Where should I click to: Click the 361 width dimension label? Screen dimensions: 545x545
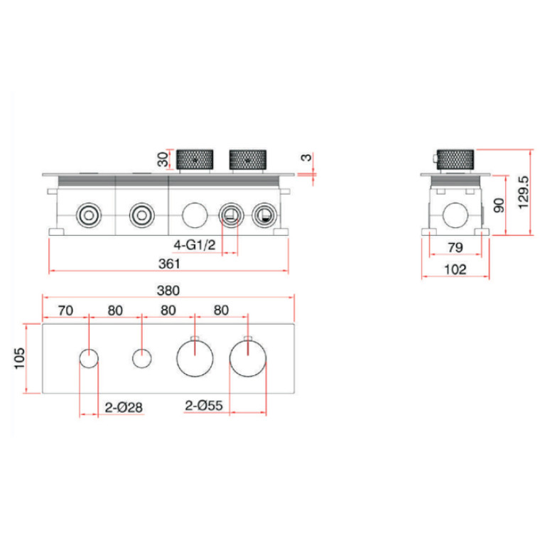click(x=169, y=264)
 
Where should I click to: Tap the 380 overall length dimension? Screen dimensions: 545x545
click(x=168, y=291)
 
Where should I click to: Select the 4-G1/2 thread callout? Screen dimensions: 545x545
click(x=195, y=245)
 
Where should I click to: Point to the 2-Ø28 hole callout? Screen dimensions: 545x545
click(x=124, y=407)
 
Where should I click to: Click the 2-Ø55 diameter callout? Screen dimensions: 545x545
click(x=204, y=406)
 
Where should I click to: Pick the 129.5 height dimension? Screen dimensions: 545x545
click(x=524, y=193)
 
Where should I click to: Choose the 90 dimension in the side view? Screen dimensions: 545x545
click(x=499, y=205)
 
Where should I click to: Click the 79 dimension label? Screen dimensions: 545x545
click(x=455, y=247)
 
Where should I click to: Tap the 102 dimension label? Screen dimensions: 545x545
click(x=455, y=269)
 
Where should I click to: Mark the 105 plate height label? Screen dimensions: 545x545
click(x=19, y=358)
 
